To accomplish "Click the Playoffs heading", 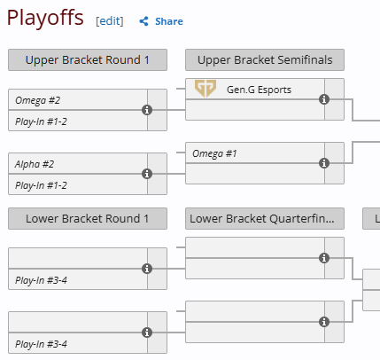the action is [x=45, y=19].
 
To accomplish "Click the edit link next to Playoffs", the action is [x=110, y=21].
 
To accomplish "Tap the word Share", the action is [x=169, y=21].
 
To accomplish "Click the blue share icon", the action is [x=143, y=21].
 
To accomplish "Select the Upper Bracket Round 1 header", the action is [x=88, y=60].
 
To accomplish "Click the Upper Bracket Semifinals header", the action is [x=265, y=60].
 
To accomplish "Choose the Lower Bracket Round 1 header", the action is [x=88, y=219].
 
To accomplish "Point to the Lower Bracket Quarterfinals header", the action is [x=265, y=219].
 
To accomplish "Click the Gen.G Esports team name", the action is [x=259, y=90].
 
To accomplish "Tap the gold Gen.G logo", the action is [x=206, y=89].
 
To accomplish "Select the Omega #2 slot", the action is [x=78, y=100].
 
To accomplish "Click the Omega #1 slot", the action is [x=255, y=153].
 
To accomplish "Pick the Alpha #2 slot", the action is [x=78, y=164].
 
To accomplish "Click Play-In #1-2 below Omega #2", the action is [x=78, y=121].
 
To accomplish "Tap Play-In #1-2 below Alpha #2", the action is [x=78, y=184].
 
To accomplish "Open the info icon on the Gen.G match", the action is [x=324, y=99].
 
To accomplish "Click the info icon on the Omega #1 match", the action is [x=324, y=163].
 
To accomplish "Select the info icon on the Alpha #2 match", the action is [x=147, y=174].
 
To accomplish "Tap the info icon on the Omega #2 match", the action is [x=147, y=110].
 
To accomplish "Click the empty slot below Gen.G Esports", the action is [x=255, y=110].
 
